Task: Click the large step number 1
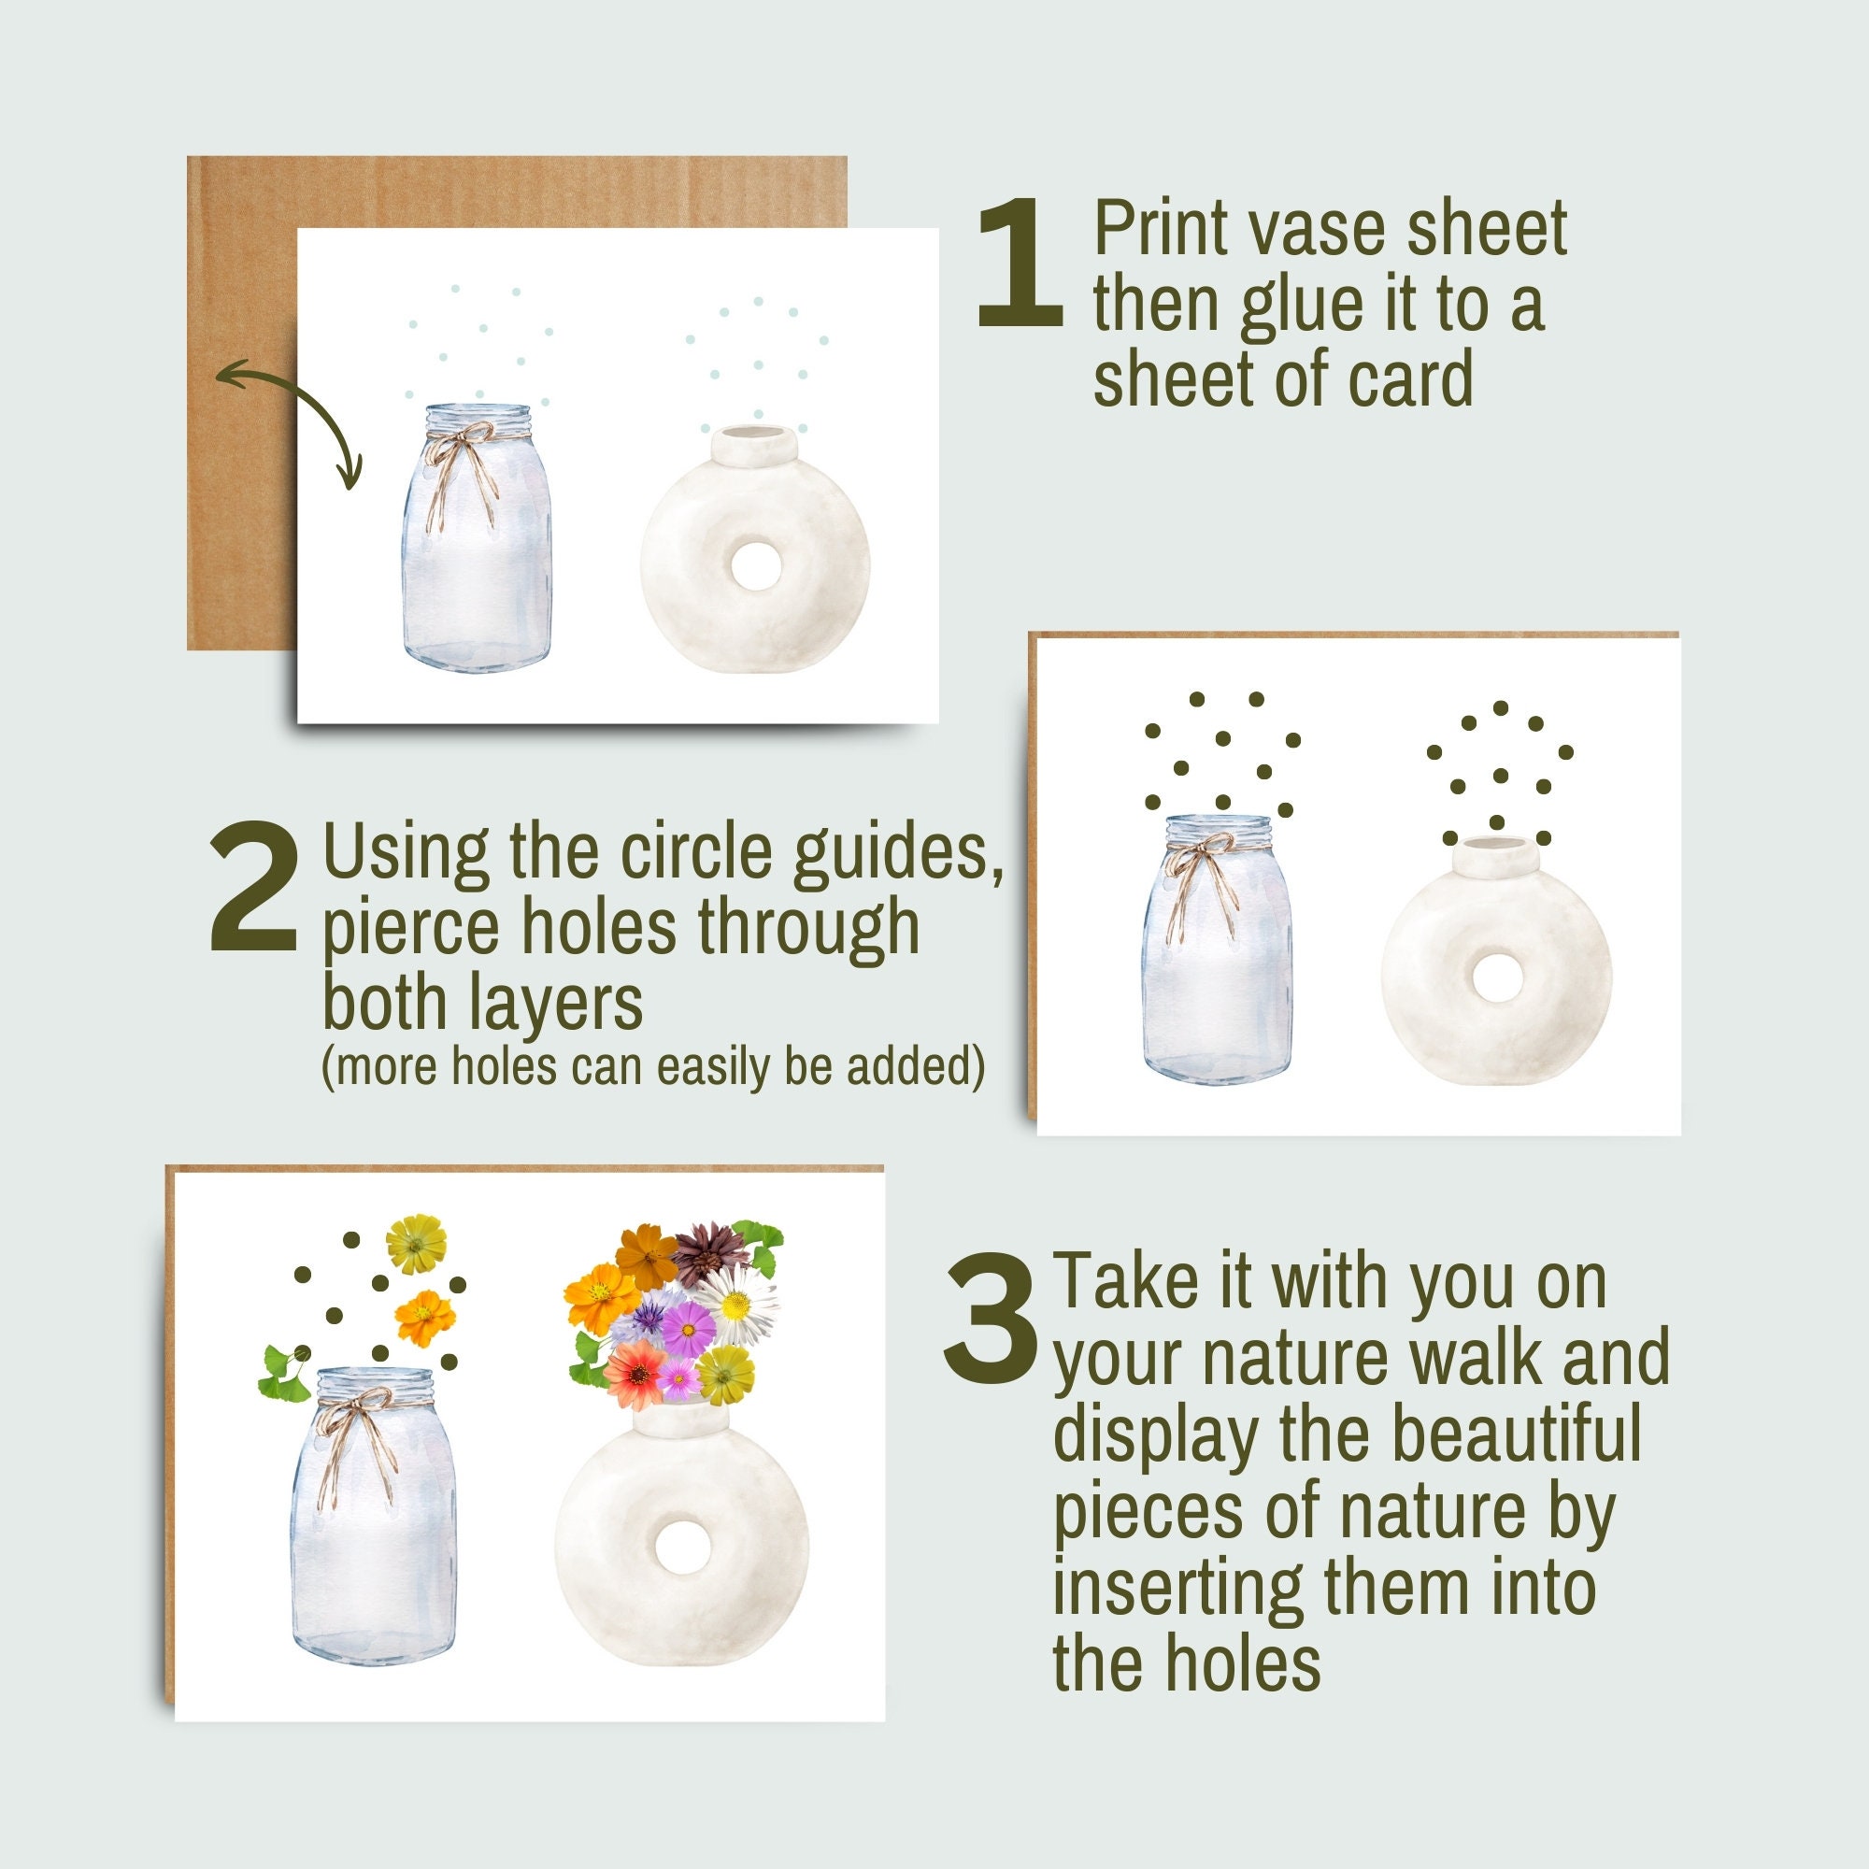click(1020, 264)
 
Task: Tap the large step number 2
click(253, 886)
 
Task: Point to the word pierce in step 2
click(410, 927)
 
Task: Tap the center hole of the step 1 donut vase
click(755, 566)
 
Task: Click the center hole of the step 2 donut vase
click(1496, 978)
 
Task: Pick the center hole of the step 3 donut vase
click(682, 1547)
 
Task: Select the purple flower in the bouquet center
click(687, 1329)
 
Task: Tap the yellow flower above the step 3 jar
click(416, 1244)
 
